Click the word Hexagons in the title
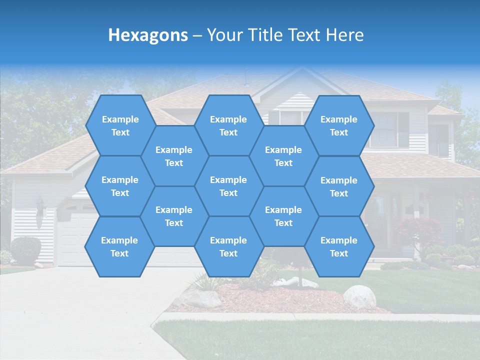coord(148,35)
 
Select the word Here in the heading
coord(344,35)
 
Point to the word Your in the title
coord(224,35)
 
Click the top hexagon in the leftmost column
coord(120,125)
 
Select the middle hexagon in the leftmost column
coord(120,186)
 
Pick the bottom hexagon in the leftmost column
coord(119,246)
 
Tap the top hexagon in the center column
coord(228,125)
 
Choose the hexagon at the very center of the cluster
coord(228,186)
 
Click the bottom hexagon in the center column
coord(228,246)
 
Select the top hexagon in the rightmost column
coord(339,125)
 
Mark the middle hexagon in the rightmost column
coord(339,186)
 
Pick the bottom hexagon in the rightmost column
coord(339,246)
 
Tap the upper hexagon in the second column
coord(174,156)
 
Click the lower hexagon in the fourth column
coord(283,216)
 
